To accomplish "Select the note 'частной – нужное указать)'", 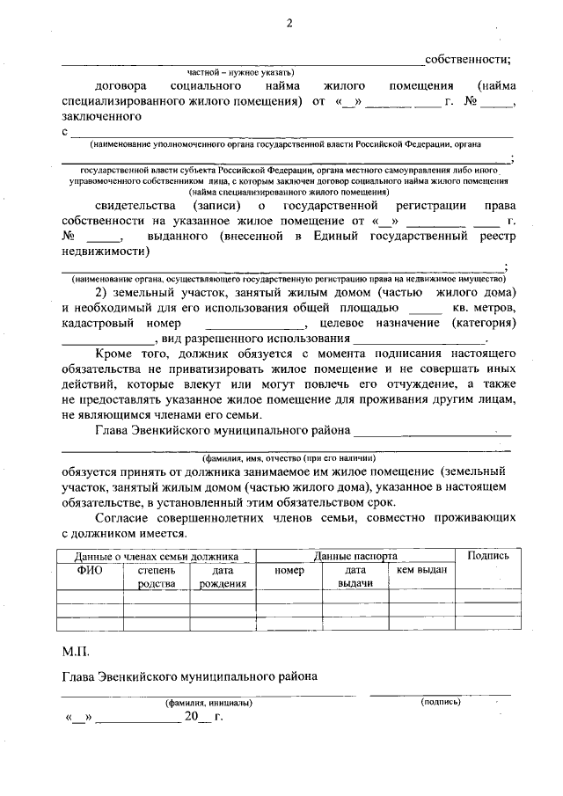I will click(x=239, y=72).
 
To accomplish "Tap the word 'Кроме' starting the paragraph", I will click(x=113, y=354).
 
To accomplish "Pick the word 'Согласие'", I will click(x=121, y=518).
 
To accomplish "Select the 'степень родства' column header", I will click(x=157, y=577).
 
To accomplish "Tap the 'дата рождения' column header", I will click(x=222, y=577).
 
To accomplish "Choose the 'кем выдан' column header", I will click(x=421, y=571).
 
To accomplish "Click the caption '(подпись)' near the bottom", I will click(x=440, y=703).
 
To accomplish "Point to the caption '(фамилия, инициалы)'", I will click(x=208, y=704).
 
